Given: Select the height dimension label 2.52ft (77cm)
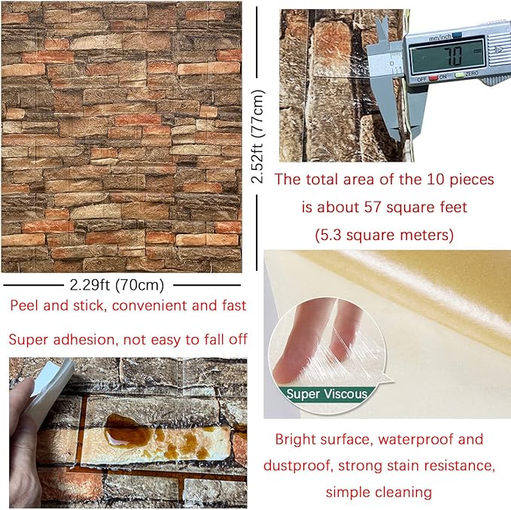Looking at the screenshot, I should (x=258, y=137).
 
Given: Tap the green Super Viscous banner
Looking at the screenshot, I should (x=326, y=393).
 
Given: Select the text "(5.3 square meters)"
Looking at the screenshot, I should (x=384, y=235).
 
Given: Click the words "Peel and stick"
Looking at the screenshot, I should (x=53, y=307).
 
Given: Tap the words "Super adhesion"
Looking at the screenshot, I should (x=59, y=339).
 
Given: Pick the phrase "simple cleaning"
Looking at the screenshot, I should (x=379, y=492).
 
